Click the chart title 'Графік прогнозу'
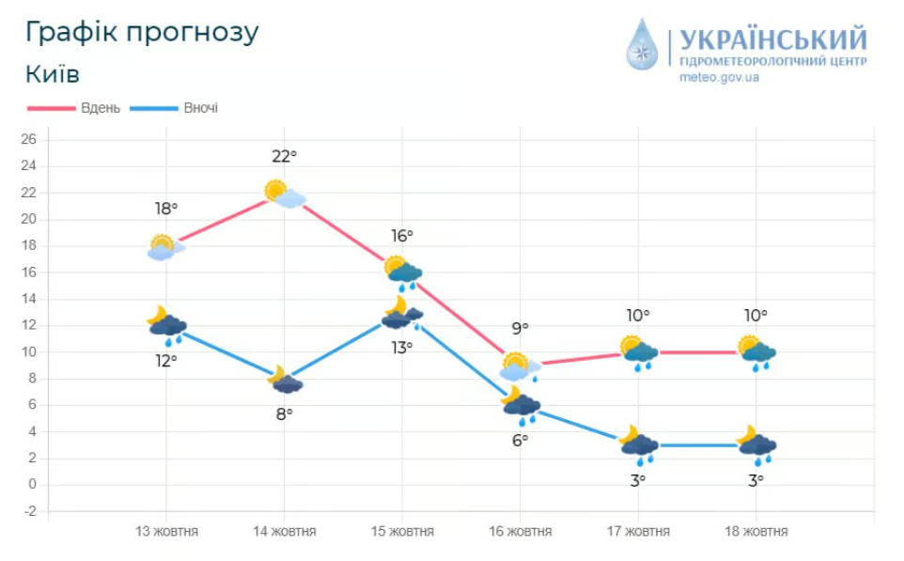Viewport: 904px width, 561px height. click(x=142, y=32)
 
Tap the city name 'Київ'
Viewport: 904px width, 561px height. click(x=53, y=73)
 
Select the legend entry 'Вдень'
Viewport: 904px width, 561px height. click(x=100, y=108)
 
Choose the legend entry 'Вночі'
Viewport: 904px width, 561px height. click(x=200, y=108)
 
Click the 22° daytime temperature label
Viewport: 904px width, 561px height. click(x=285, y=156)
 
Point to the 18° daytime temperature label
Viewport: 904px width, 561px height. click(x=166, y=209)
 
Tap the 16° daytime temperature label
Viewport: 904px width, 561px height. click(x=402, y=236)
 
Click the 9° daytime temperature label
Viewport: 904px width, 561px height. click(x=520, y=328)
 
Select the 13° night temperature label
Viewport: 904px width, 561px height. click(x=402, y=348)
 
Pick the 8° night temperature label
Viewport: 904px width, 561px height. click(x=285, y=413)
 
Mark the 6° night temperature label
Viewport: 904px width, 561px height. click(x=520, y=439)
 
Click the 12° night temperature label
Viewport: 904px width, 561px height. click(x=166, y=360)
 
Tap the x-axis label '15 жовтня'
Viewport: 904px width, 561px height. click(x=402, y=532)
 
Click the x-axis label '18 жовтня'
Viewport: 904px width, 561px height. click(x=756, y=532)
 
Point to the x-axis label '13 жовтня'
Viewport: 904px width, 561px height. click(x=166, y=532)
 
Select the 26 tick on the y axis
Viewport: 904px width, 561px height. click(x=28, y=140)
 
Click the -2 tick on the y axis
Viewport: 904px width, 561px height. click(x=28, y=511)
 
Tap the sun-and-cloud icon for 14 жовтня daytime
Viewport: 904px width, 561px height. click(x=285, y=195)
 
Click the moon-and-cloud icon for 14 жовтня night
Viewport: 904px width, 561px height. click(x=285, y=380)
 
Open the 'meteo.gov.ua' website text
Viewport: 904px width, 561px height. click(x=719, y=77)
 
